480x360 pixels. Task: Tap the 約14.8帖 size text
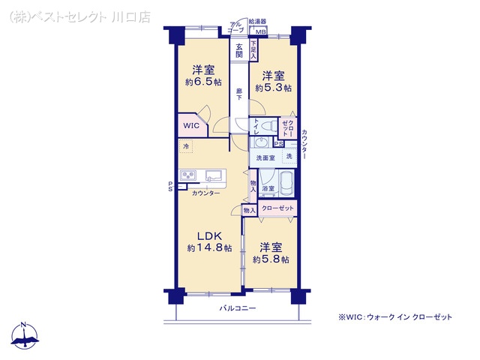(209, 247)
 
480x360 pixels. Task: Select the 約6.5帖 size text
(203, 82)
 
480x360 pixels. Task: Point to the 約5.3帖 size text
(272, 88)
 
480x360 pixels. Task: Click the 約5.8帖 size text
(271, 259)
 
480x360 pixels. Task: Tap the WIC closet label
(191, 126)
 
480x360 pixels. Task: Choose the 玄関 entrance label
(239, 49)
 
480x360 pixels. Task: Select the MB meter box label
(260, 33)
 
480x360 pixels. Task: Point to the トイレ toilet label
(256, 126)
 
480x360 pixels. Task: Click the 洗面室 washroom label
(266, 157)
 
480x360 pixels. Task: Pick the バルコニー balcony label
(238, 308)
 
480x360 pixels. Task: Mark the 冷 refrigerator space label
(185, 147)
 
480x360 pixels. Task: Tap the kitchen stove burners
(188, 177)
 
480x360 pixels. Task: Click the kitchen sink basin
(213, 177)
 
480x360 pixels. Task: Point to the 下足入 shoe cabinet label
(253, 51)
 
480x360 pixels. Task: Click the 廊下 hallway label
(238, 94)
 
